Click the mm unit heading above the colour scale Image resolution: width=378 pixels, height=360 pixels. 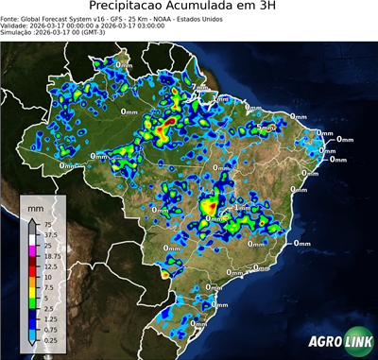coord(36,206)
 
